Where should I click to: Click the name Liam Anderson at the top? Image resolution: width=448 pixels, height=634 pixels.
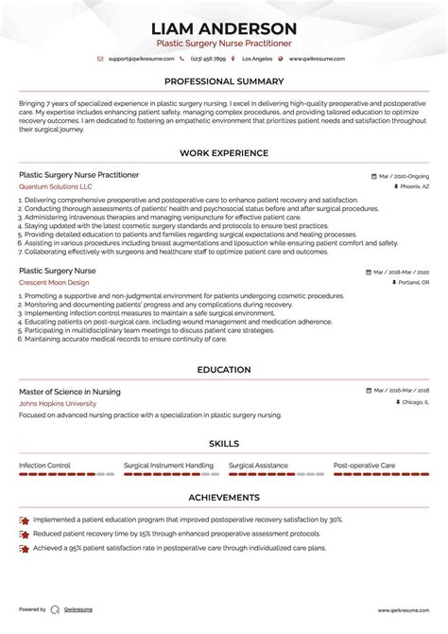tap(223, 27)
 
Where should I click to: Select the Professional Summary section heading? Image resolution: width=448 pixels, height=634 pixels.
tap(223, 81)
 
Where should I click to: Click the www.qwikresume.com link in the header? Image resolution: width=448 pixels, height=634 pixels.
tap(319, 59)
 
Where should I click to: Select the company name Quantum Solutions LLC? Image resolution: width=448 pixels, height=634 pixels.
tap(56, 186)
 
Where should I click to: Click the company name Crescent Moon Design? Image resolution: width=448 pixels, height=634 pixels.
tap(55, 282)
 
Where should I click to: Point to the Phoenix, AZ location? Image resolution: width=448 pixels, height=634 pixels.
tap(413, 186)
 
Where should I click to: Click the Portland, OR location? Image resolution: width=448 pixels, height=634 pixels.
tap(411, 282)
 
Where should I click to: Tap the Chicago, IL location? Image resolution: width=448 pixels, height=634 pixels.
tap(413, 376)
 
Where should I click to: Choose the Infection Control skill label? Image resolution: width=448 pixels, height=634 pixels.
tap(45, 466)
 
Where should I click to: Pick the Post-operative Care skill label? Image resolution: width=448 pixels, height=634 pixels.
tap(364, 466)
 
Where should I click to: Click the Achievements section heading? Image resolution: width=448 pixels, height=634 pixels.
tap(223, 497)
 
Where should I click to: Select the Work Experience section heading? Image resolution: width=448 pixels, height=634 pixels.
tap(223, 152)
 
